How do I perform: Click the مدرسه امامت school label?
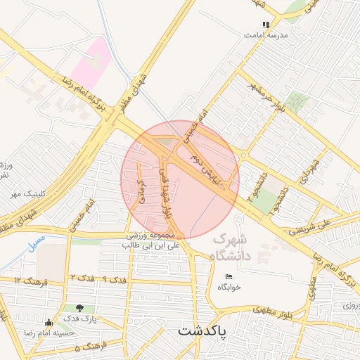(266, 34)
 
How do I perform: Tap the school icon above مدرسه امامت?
(266, 25)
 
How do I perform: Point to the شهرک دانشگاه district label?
(231, 247)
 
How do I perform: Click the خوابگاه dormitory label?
(229, 287)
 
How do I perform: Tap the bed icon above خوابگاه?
(229, 276)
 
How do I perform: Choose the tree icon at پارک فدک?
(79, 308)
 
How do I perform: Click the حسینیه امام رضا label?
(69, 333)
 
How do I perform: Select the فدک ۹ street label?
(114, 279)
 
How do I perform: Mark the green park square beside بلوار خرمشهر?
(297, 102)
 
